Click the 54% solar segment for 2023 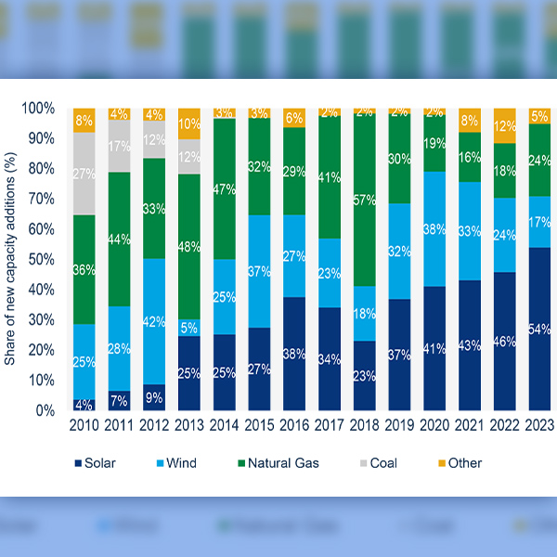point(539,329)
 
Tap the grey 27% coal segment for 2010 point(85,173)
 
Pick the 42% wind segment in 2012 point(155,322)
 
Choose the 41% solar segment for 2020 point(434,348)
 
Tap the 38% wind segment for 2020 point(434,228)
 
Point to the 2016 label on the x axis point(294,428)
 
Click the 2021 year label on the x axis point(469,428)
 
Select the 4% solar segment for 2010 point(85,405)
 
